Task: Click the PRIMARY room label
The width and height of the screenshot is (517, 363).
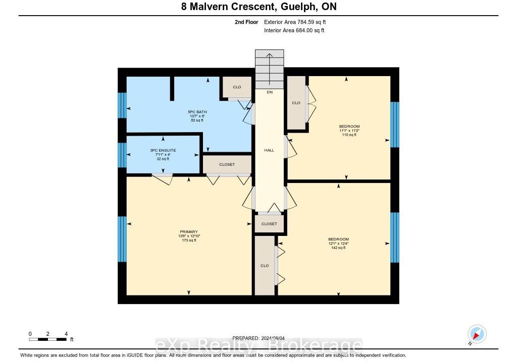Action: tap(189, 231)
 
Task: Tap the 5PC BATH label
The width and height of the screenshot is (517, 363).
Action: tap(197, 112)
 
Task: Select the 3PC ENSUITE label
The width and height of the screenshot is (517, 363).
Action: tap(163, 150)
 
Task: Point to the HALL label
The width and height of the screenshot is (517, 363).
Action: tap(269, 150)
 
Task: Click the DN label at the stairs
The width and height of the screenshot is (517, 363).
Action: tap(270, 92)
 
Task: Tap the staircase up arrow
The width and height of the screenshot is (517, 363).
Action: tap(270, 69)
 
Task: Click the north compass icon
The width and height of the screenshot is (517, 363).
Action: tap(477, 334)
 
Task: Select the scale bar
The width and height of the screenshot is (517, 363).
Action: tap(48, 339)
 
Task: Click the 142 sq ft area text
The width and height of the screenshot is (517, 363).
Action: tap(338, 248)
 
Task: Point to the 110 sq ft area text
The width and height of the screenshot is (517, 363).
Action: tap(349, 135)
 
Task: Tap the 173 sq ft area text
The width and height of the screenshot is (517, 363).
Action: tap(189, 240)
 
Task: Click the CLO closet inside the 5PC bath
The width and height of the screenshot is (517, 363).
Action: tap(237, 87)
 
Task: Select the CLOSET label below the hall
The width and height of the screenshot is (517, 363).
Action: tap(269, 224)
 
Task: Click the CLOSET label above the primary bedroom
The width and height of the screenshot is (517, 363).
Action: tap(227, 164)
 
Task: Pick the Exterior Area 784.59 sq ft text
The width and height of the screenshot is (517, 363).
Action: tap(295, 22)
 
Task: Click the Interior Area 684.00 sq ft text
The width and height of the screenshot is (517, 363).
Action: tap(294, 30)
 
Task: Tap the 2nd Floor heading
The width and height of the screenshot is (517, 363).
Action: tap(246, 22)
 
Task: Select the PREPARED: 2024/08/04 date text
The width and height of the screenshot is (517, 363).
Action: tap(258, 338)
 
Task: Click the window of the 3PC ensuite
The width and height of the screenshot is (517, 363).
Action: tap(122, 155)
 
